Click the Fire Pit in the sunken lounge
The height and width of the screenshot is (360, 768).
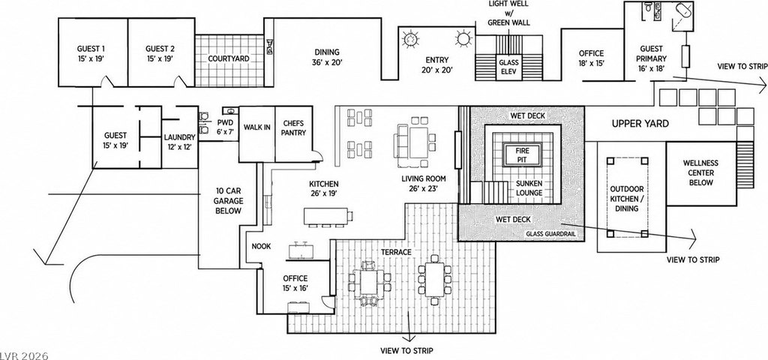pyautogui.click(x=522, y=154)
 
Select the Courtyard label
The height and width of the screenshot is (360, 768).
pyautogui.click(x=229, y=58)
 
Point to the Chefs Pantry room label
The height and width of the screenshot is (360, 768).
pyautogui.click(x=294, y=127)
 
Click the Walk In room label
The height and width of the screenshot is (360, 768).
pyautogui.click(x=257, y=127)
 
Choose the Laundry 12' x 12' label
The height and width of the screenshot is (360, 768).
pyautogui.click(x=180, y=142)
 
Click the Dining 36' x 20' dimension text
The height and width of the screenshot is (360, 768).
pyautogui.click(x=327, y=63)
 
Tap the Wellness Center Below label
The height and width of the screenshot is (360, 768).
pyautogui.click(x=703, y=173)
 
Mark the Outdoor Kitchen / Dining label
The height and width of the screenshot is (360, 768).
pyautogui.click(x=627, y=199)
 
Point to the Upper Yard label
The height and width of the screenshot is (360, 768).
pyautogui.click(x=640, y=124)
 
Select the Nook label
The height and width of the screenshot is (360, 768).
pyautogui.click(x=261, y=246)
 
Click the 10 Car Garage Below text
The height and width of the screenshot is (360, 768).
pyautogui.click(x=229, y=200)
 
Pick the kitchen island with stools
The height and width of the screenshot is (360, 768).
pyautogui.click(x=326, y=217)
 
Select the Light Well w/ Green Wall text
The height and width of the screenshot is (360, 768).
pyautogui.click(x=509, y=13)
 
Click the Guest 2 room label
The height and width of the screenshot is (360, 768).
pyautogui.click(x=160, y=53)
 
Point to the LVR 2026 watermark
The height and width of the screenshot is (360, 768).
pyautogui.click(x=25, y=355)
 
